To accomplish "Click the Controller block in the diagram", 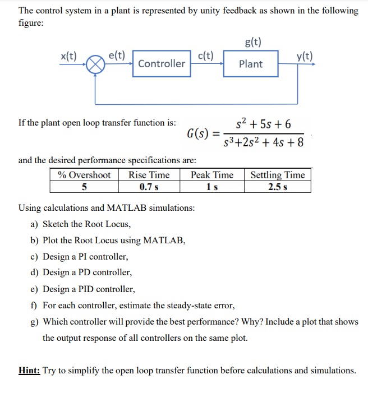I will (161, 64).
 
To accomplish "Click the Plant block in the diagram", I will (250, 64).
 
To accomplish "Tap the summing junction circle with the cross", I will (95, 65).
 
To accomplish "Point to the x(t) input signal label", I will (69, 56).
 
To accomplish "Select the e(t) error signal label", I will (116, 55).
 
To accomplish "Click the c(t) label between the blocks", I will (206, 55).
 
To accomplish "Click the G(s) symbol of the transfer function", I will (199, 133).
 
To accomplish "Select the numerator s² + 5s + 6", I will (263, 124).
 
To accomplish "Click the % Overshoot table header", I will (84, 175).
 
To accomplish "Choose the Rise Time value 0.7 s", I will (149, 186).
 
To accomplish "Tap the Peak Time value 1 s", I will (211, 186).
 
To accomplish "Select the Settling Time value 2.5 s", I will (278, 186).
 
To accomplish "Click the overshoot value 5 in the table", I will (84, 186).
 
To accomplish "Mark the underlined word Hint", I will (29, 370).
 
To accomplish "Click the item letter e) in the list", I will (34, 289).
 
